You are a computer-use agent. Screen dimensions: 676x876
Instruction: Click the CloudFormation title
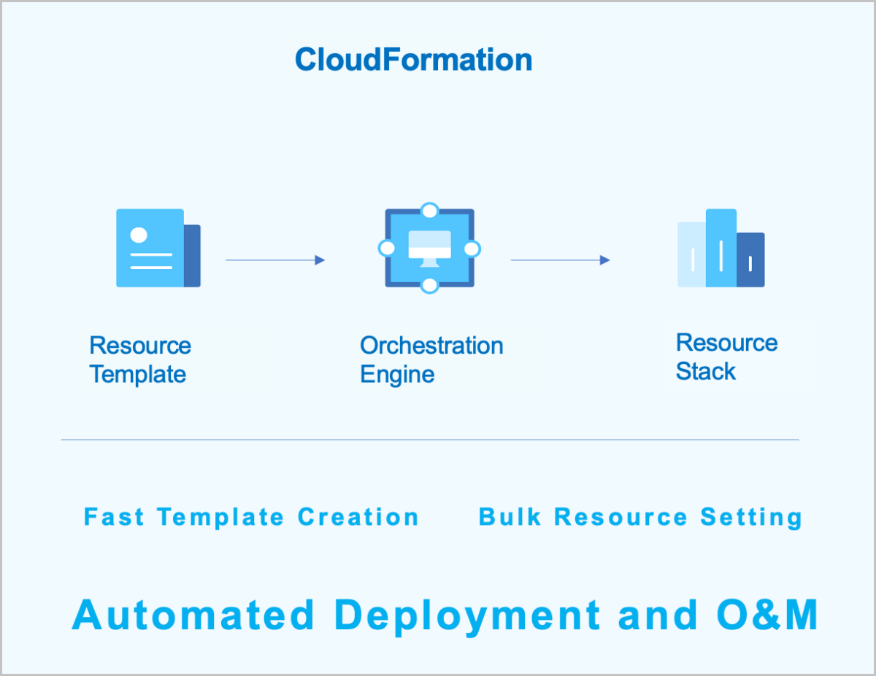tap(413, 59)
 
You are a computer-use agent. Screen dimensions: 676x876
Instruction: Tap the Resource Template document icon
tap(157, 248)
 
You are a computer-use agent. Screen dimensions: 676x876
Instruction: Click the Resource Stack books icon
tap(721, 248)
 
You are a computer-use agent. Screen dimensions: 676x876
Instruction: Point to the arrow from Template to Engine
tap(275, 260)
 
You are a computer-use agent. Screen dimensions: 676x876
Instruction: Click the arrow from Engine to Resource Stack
tap(560, 260)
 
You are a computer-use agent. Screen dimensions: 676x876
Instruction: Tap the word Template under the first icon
tap(137, 375)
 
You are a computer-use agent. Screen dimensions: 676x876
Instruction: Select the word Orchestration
tap(431, 345)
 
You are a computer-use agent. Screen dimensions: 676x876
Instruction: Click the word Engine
tap(397, 375)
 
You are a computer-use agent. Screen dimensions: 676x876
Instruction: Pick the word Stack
tap(705, 371)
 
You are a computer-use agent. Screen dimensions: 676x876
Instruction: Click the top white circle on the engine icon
tap(430, 211)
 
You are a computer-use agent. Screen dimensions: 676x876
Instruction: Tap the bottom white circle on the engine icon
tap(430, 285)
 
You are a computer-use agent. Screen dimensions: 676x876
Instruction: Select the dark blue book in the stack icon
tap(750, 260)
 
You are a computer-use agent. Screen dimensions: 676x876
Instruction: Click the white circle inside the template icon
tap(139, 235)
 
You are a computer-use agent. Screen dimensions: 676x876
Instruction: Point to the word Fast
tap(112, 517)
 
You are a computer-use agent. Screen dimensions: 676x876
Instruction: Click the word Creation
tap(358, 517)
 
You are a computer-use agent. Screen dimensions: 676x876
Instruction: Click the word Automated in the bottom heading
tap(193, 615)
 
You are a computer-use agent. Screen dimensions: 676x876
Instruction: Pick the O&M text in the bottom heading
tap(767, 615)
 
